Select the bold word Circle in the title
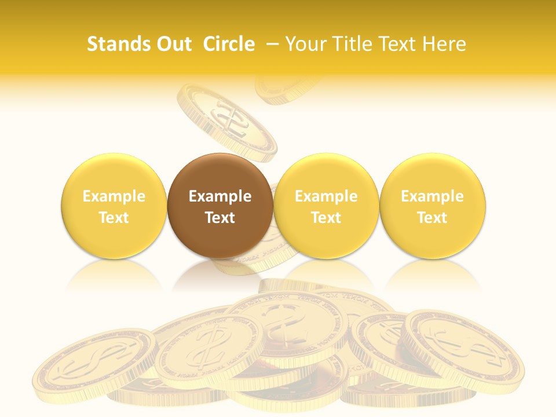click(x=229, y=44)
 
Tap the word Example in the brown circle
click(x=220, y=196)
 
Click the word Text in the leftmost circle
click(x=114, y=218)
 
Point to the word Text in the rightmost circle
click(x=433, y=218)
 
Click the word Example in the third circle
click(x=326, y=196)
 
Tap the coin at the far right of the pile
click(x=463, y=348)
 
